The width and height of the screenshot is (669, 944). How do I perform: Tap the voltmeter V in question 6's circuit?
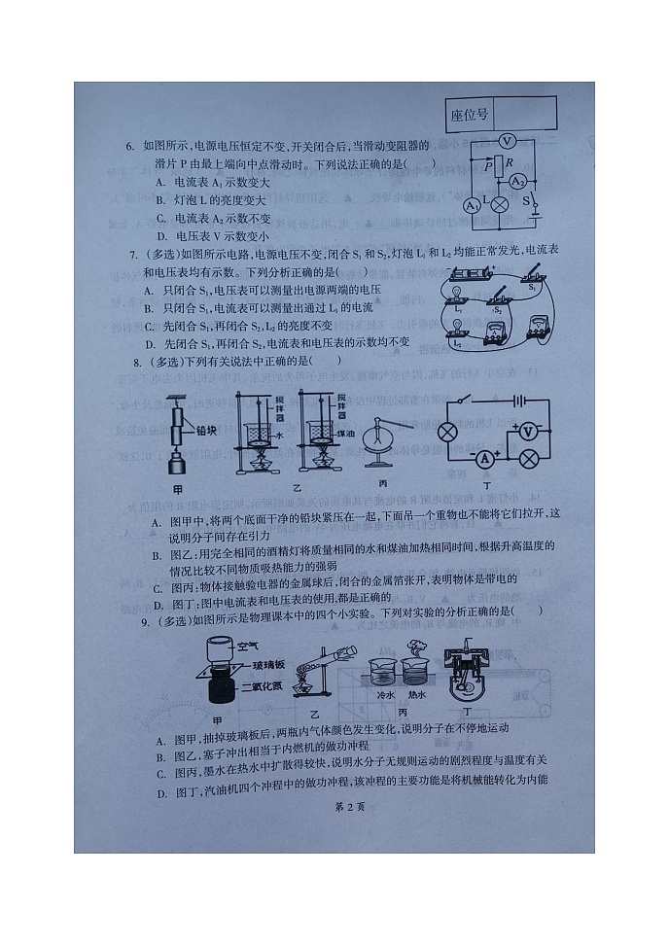[x=505, y=142]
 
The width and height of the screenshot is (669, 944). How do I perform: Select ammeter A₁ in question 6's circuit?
[x=472, y=206]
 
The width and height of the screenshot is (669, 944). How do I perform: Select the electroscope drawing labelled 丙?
[x=376, y=448]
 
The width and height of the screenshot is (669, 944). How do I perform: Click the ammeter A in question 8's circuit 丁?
[x=483, y=458]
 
